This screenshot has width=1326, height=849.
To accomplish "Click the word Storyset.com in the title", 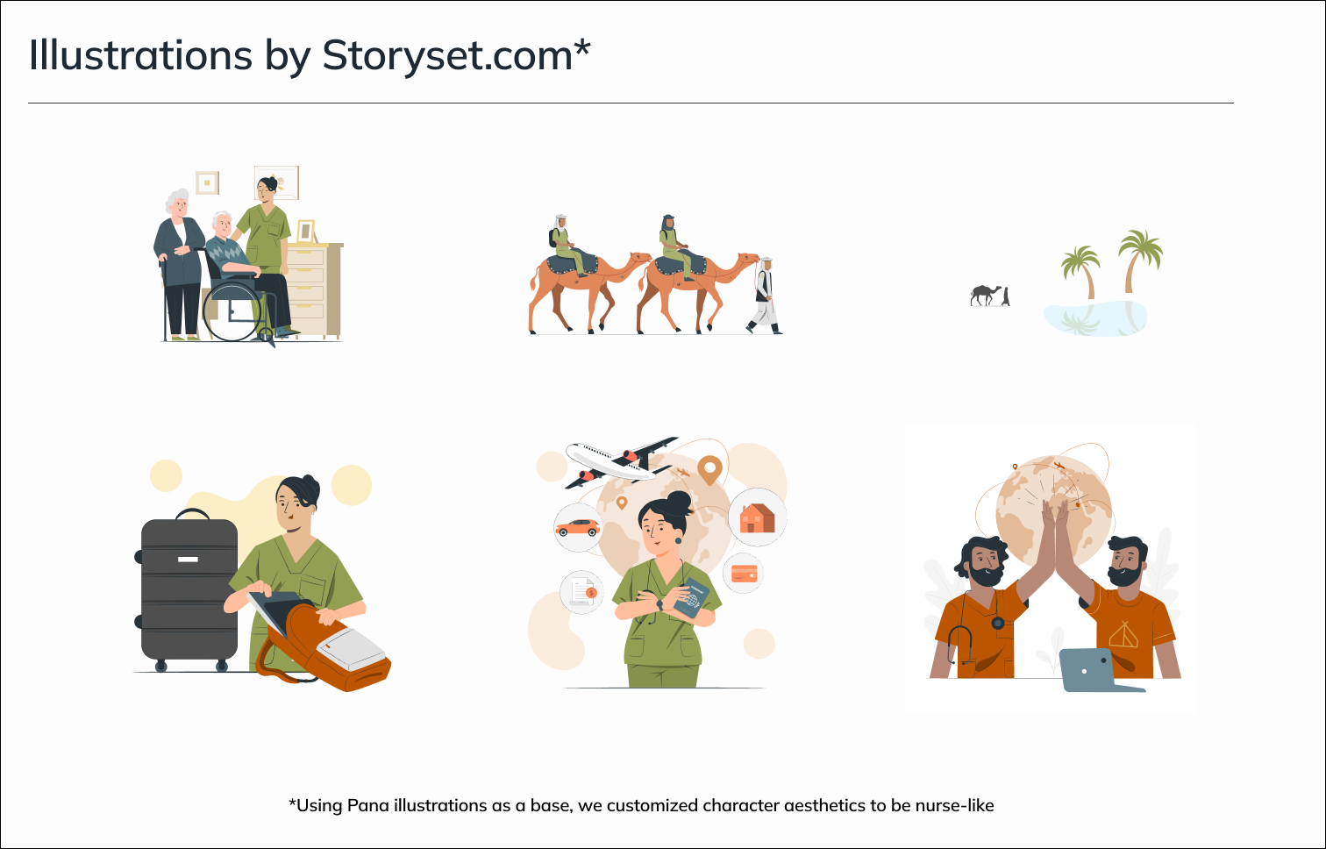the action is click(x=447, y=55).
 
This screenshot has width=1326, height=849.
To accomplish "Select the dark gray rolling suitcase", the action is click(x=189, y=591).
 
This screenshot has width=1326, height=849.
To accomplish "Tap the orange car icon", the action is click(x=577, y=526).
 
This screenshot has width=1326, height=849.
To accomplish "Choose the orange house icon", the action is click(x=757, y=517).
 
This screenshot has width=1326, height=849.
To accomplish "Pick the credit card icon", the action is click(x=744, y=573).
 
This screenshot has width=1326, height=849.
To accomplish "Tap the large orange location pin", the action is click(x=709, y=470).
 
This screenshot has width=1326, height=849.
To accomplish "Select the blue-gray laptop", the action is click(x=1101, y=670).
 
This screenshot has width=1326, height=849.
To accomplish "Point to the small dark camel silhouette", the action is click(x=986, y=295).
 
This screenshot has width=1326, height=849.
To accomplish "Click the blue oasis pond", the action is click(x=1095, y=318).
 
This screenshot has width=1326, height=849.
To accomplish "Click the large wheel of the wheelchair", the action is click(x=232, y=310).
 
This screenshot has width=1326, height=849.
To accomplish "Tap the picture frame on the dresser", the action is click(x=305, y=232).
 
